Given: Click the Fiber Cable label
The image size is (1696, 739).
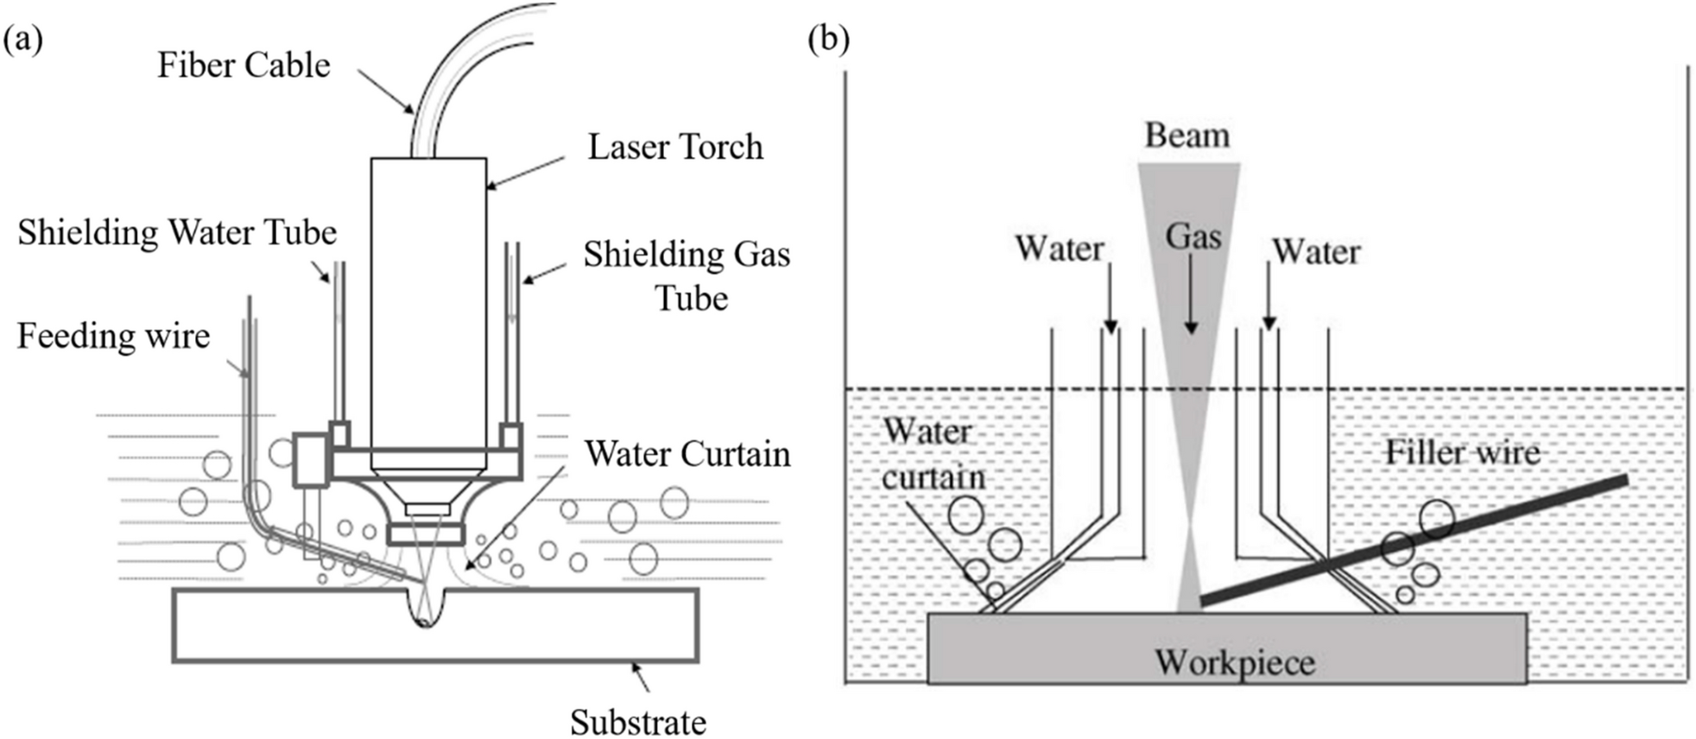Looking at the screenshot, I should pos(244,66).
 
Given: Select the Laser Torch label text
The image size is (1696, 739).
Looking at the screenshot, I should pos(675,147).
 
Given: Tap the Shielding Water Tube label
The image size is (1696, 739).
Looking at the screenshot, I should pos(177,232).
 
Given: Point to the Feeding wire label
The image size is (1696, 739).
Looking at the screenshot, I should pos(113,336).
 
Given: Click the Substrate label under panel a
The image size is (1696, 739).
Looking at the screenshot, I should pos(638,722).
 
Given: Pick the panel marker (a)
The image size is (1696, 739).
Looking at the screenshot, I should pos(22,40).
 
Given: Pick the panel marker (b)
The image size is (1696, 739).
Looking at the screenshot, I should pos(828,40).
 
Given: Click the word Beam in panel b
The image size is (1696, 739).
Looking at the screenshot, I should pos(1187,136).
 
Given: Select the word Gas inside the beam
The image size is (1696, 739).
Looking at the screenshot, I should pos(1193,236).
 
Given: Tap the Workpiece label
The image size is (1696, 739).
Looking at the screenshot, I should pos(1235,663).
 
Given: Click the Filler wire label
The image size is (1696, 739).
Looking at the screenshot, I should pos(1462,452).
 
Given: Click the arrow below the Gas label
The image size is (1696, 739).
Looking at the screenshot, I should pos(1191,294).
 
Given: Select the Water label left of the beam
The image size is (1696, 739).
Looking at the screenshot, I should pos(1060,249).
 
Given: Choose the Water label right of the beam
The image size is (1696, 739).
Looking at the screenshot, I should pos(1316,252).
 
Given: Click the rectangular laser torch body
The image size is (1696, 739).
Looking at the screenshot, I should pos(428,302).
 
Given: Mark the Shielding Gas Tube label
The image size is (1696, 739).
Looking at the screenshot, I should pos(687,276).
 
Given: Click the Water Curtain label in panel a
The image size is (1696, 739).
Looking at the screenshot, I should pos(687,454).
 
